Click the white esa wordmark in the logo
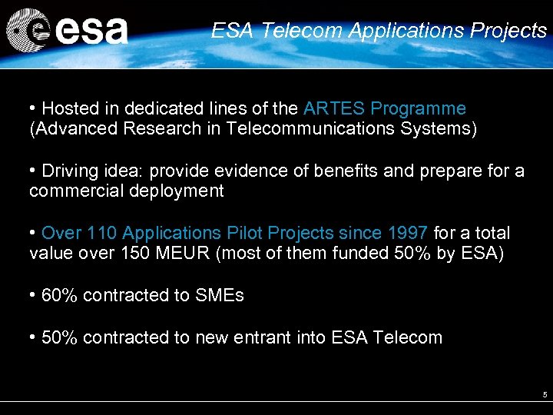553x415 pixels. pyautogui.click(x=91, y=32)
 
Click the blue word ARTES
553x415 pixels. pyautogui.click(x=331, y=108)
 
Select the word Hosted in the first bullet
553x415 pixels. pyautogui.click(x=68, y=108)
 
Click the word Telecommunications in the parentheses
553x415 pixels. pyautogui.click(x=310, y=128)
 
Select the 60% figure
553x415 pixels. pyautogui.click(x=60, y=295)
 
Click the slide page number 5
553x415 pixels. pyautogui.click(x=545, y=395)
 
